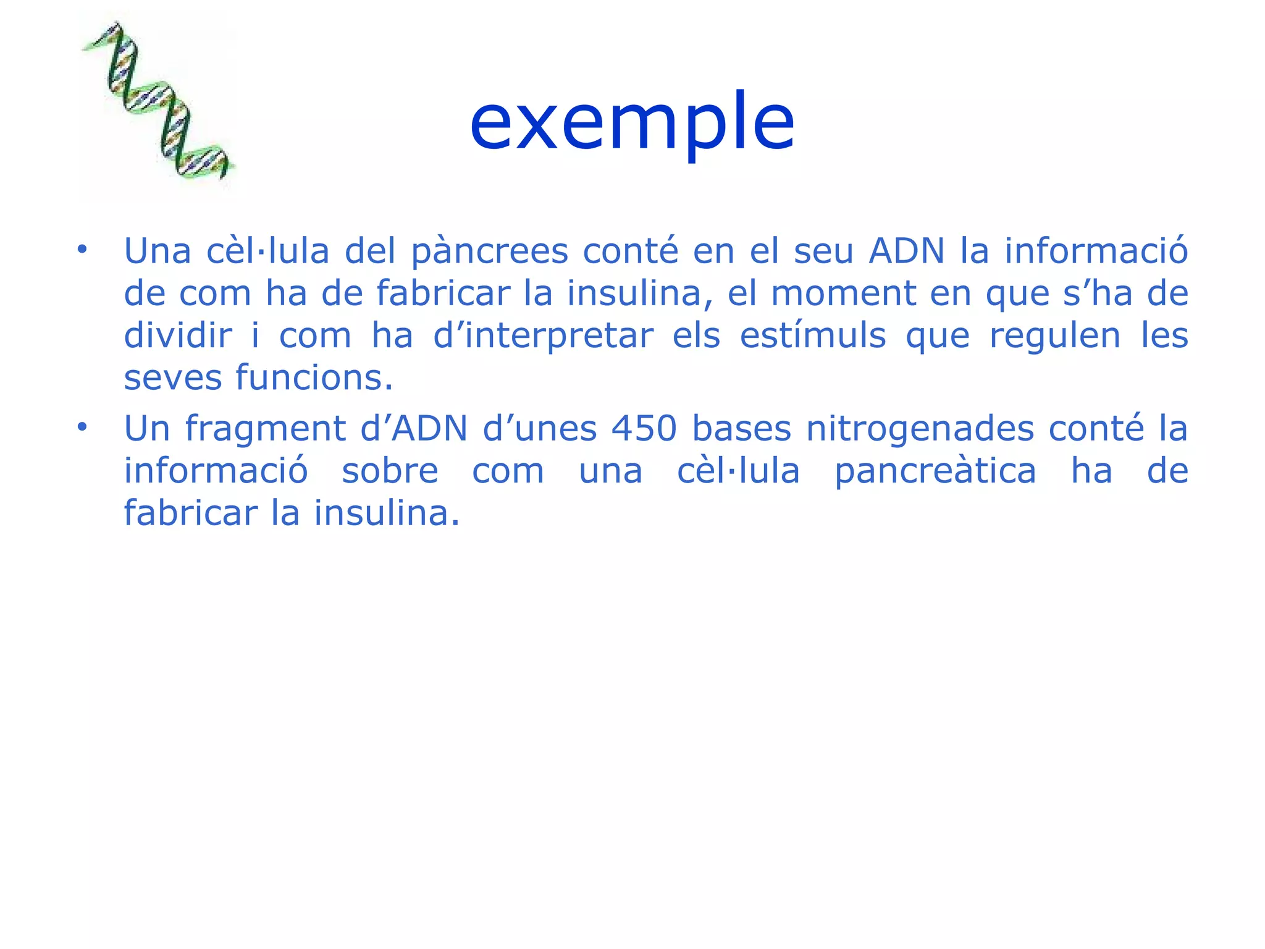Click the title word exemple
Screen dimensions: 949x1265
pyautogui.click(x=632, y=122)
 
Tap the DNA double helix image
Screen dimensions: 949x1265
pyautogui.click(x=157, y=102)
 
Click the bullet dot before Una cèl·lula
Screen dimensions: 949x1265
pyautogui.click(x=82, y=250)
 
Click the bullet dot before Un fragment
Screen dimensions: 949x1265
pyautogui.click(x=82, y=427)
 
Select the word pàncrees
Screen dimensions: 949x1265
pyautogui.click(x=489, y=252)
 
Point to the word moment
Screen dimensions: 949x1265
pyautogui.click(x=844, y=293)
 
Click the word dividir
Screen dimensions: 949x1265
pyautogui.click(x=178, y=336)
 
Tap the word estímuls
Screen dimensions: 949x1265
pyautogui.click(x=813, y=336)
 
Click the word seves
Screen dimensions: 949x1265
pyautogui.click(x=172, y=378)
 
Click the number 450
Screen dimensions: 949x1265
pyautogui.click(x=644, y=429)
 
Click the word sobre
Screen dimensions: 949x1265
pyautogui.click(x=390, y=471)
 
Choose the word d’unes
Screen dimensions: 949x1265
pyautogui.click(x=540, y=429)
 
